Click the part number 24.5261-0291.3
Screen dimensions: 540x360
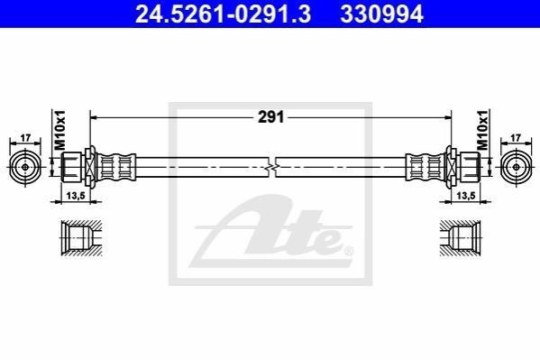point(223,14)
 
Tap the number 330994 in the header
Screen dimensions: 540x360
point(381,14)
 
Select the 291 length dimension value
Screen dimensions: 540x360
point(271,117)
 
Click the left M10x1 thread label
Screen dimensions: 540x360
point(59,130)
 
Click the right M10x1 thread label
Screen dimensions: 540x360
point(483,130)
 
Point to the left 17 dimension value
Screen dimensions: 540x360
point(25,138)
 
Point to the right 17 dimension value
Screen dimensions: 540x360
point(516,138)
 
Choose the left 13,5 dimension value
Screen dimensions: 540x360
point(76,196)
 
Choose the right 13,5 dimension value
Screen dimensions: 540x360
point(465,196)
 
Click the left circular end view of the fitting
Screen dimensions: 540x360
point(25,167)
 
